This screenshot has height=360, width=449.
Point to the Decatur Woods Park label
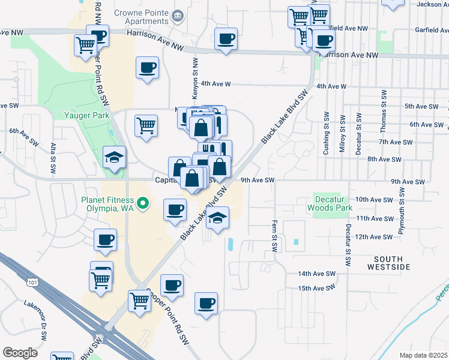[x=329, y=203]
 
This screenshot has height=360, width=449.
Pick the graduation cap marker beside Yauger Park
[x=115, y=158]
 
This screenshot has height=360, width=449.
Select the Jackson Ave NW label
[x=429, y=4]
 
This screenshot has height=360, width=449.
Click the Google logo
[x=20, y=352]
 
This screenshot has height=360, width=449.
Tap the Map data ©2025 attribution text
[x=424, y=355]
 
